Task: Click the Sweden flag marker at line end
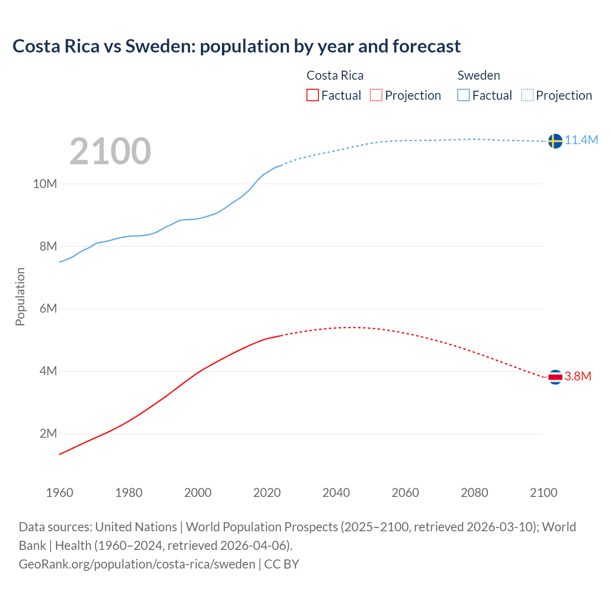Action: click(x=555, y=141)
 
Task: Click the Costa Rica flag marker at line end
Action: click(x=555, y=377)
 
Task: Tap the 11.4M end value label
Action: click(x=581, y=140)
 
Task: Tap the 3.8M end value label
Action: click(x=578, y=376)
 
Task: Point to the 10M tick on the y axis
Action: click(x=45, y=184)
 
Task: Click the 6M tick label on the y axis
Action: click(x=48, y=308)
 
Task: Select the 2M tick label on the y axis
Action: click(x=48, y=433)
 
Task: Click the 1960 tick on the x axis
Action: click(x=60, y=493)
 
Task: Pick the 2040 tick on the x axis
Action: click(x=336, y=493)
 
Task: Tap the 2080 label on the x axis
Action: click(x=474, y=493)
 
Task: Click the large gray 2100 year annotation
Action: click(x=110, y=151)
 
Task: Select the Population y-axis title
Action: click(x=20, y=296)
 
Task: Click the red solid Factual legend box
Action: click(x=312, y=95)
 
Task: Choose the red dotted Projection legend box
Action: click(x=376, y=95)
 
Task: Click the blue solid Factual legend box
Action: click(x=463, y=95)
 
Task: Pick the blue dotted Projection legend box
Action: click(x=527, y=95)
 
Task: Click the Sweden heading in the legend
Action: click(x=479, y=75)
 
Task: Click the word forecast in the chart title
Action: click(x=427, y=46)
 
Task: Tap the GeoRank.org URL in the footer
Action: click(x=137, y=564)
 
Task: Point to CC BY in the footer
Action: click(x=282, y=564)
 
